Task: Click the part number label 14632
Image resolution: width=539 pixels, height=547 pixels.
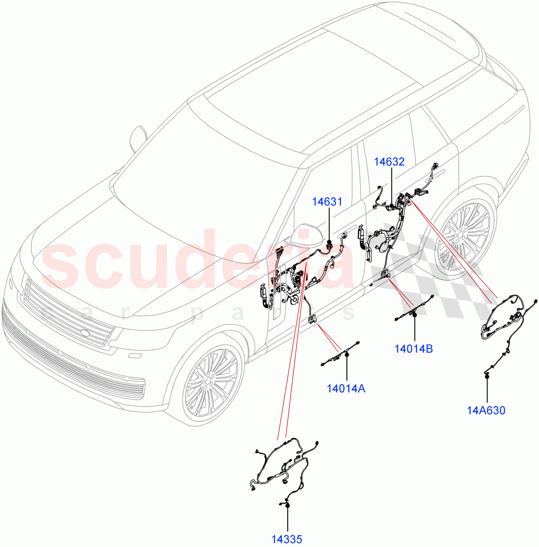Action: (389, 162)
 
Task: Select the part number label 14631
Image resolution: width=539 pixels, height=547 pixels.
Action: (327, 201)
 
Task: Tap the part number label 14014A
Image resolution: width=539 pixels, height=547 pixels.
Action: (346, 388)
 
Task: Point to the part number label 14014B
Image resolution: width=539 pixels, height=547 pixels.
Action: (413, 349)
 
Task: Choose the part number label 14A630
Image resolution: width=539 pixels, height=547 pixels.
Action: (486, 410)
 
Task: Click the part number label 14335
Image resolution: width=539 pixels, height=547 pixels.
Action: (287, 540)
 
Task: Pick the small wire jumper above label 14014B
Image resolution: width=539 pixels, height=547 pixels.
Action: (413, 310)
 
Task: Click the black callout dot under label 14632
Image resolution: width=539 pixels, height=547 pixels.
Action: (392, 206)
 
